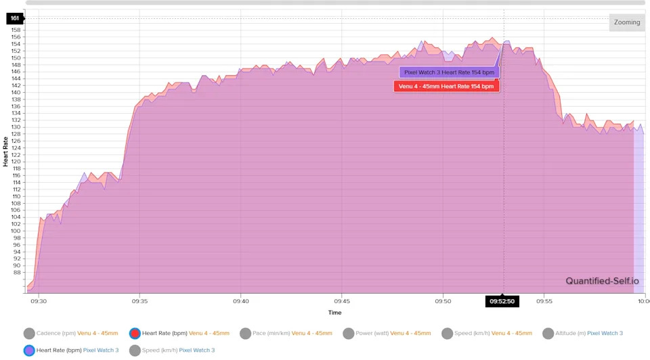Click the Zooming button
pos(626,22)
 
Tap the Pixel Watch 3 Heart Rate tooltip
pos(449,72)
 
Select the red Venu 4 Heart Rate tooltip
pos(446,87)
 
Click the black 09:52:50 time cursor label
pos(502,301)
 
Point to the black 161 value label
pos(15,18)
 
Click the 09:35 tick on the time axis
pos(139,301)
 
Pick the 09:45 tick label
pos(342,301)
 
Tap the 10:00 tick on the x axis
pos(644,301)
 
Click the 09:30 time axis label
pos(39,301)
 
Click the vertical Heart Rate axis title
pos(6,152)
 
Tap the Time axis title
pos(334,313)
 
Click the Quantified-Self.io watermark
pos(602,281)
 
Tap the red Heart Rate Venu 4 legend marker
pos(135,333)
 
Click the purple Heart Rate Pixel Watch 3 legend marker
pos(29,350)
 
